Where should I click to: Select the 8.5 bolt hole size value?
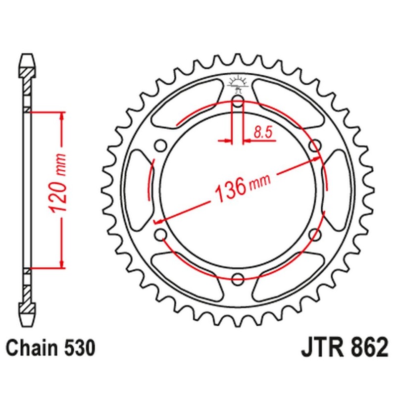coord(262,132)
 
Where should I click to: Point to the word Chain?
coord(31,348)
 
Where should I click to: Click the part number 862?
coord(364,347)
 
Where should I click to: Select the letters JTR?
coord(320,347)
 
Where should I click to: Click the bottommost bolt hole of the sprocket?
coord(238,277)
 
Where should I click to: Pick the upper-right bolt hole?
coord(313,146)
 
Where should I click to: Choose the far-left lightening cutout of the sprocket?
coord(137,190)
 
